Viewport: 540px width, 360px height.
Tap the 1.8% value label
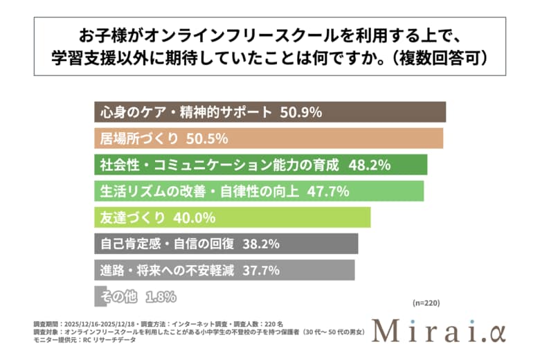(161, 297)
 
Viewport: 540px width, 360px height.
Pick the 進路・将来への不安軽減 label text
(164, 270)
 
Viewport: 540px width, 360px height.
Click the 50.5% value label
(208, 138)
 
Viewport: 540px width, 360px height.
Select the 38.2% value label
(266, 244)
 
